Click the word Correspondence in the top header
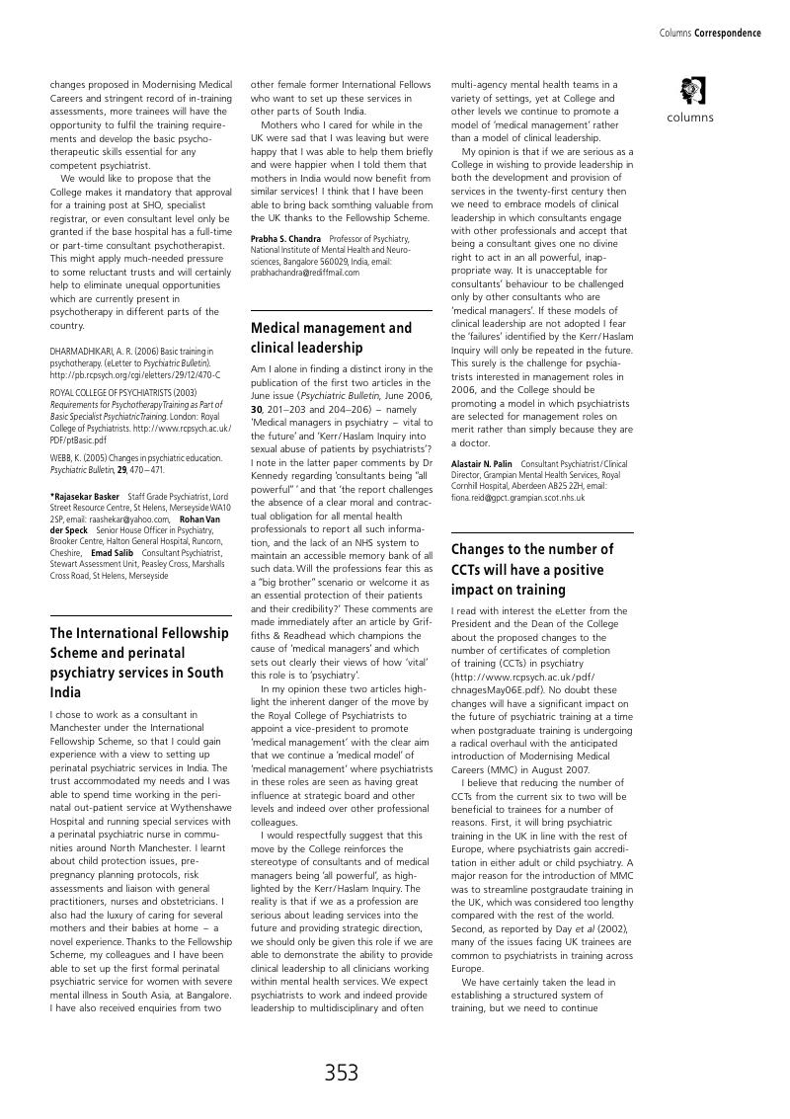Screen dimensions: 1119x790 [728, 34]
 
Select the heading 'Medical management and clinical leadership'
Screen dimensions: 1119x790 [332, 338]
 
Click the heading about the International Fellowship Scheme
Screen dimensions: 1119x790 [138, 663]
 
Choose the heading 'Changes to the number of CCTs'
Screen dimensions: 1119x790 [532, 569]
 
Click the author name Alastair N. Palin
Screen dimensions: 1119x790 [482, 463]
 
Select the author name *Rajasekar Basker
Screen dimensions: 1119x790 [85, 496]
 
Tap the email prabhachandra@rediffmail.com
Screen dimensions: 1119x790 [305, 273]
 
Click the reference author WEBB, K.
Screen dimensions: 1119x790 [66, 458]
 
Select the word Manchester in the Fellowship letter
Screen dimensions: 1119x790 [76, 726]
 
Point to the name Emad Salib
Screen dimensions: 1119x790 [112, 553]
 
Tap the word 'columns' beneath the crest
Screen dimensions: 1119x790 [690, 118]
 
